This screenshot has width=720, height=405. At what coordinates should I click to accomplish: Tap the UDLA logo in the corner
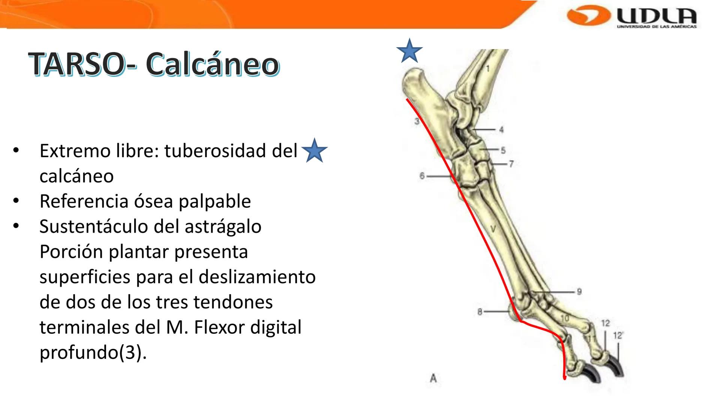tap(632, 17)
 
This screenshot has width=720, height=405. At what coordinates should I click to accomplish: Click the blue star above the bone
tap(409, 51)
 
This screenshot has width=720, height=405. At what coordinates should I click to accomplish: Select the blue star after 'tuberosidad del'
tap(314, 150)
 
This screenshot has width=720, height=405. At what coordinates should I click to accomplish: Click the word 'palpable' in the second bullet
tap(214, 201)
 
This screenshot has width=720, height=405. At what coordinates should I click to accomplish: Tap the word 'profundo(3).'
tap(93, 352)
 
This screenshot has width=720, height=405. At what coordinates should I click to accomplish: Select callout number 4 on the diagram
tap(501, 130)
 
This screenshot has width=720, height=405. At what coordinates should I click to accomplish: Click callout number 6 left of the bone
tap(422, 176)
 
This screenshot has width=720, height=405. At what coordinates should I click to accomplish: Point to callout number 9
tap(579, 291)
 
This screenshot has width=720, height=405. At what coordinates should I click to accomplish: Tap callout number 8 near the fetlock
tap(480, 312)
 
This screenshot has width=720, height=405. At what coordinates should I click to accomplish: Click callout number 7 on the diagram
tap(511, 164)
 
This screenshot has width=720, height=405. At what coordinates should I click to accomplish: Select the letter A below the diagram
tap(433, 378)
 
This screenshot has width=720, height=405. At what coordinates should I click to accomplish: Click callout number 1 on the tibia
tap(488, 69)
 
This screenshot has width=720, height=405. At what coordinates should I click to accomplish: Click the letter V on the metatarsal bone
tap(493, 229)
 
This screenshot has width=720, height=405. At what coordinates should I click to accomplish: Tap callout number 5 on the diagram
tap(503, 150)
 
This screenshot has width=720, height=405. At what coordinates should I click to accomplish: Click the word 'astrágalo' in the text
tap(223, 226)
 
